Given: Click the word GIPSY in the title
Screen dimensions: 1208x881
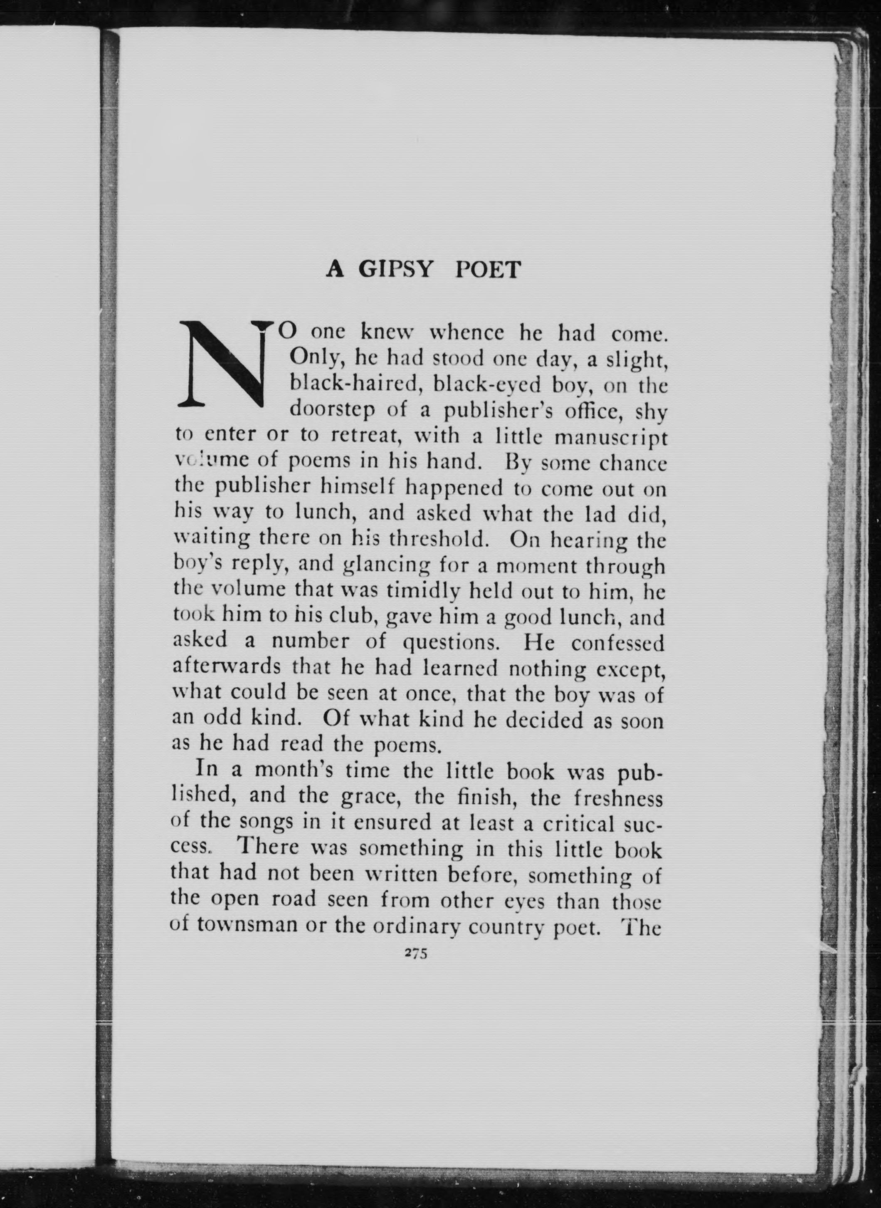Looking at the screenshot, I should point(394,270).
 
